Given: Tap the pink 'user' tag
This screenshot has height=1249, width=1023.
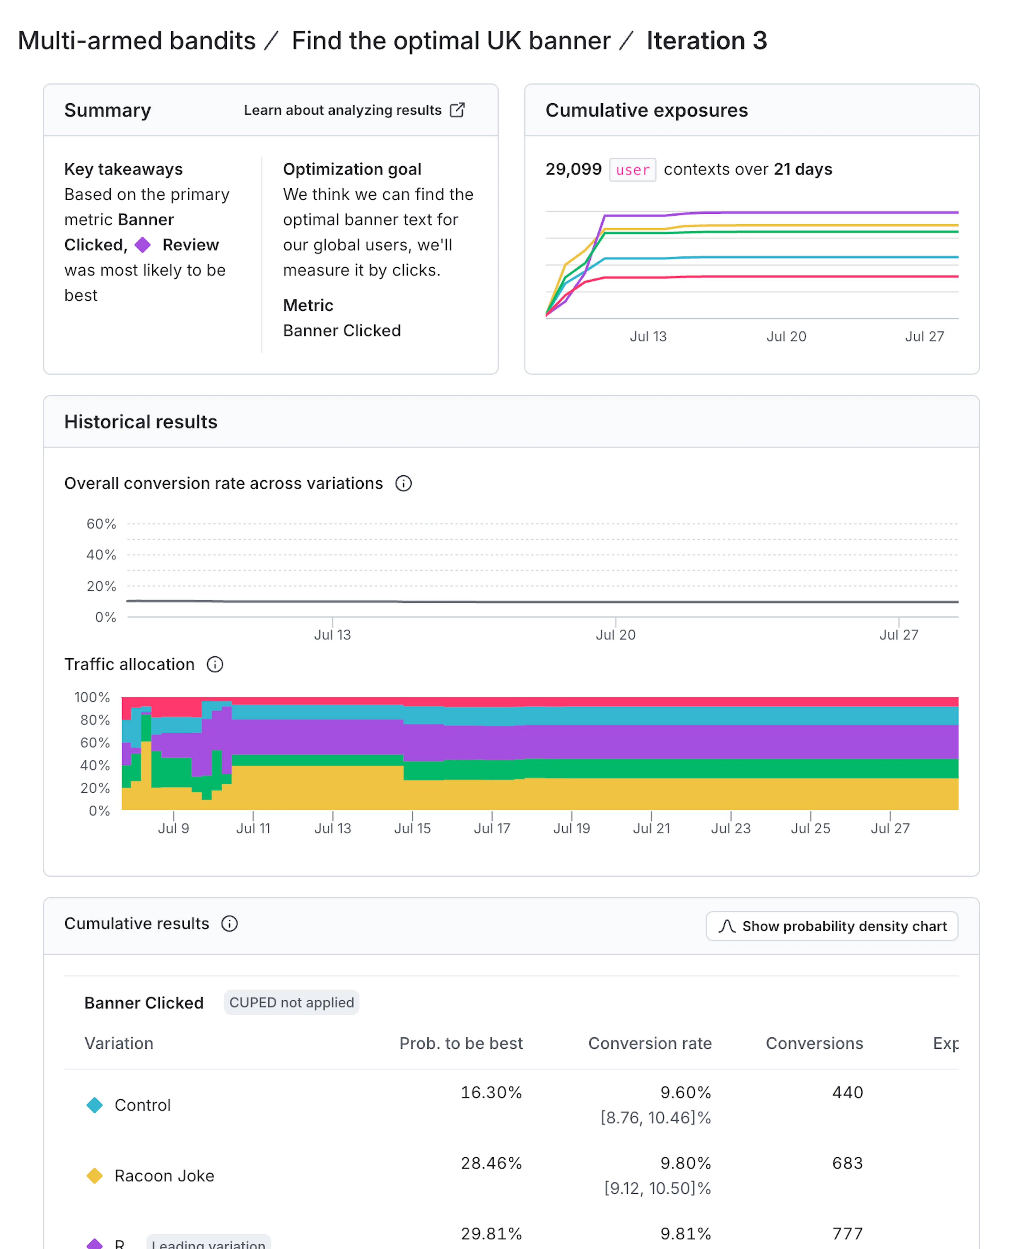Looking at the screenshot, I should pyautogui.click(x=632, y=170).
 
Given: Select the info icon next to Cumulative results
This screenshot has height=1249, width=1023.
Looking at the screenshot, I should pyautogui.click(x=229, y=924).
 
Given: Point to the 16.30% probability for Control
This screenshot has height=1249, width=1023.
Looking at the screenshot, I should pyautogui.click(x=491, y=1092).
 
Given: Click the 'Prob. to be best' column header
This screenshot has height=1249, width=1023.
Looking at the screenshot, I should pyautogui.click(x=461, y=1043).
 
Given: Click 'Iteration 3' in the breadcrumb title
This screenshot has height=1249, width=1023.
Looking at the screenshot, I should pyautogui.click(x=707, y=41).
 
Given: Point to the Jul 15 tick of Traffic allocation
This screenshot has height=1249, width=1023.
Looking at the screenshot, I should pyautogui.click(x=412, y=828).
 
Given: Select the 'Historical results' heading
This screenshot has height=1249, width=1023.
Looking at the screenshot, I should pyautogui.click(x=141, y=422).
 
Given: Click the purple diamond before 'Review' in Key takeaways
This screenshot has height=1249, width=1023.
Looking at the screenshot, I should pyautogui.click(x=143, y=245).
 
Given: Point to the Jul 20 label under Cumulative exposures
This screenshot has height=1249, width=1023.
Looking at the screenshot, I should pyautogui.click(x=786, y=336).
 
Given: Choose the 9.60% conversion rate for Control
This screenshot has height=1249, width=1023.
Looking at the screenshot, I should pyautogui.click(x=685, y=1092).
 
